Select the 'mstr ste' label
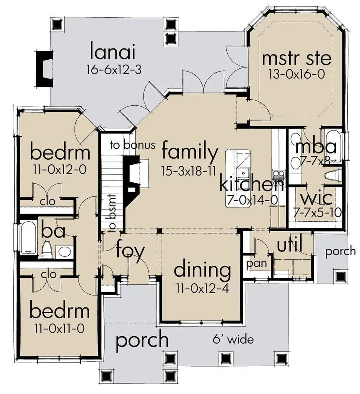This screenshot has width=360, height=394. pos(296,59)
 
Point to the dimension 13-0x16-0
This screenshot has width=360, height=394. pos(297,74)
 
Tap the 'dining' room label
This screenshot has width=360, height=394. pos(202,270)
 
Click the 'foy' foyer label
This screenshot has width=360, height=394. pos(130,251)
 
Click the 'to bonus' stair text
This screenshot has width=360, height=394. pos(133,145)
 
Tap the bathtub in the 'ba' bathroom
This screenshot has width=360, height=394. pos(28,238)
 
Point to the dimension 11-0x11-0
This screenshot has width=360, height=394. pos(60,329)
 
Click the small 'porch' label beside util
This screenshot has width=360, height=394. pos(340,251)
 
